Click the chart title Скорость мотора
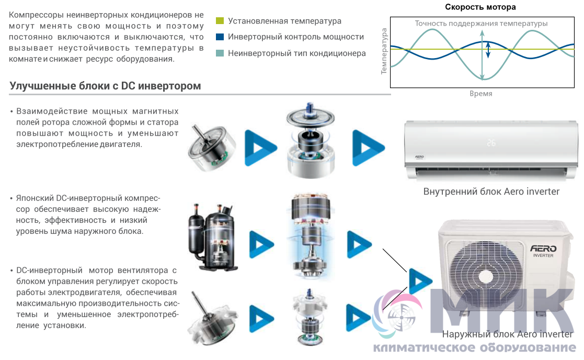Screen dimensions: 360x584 coord(480,7)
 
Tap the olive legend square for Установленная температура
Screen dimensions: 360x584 coord(220,21)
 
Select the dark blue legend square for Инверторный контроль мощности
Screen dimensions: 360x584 coord(220,37)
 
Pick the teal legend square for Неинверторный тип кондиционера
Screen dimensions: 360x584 coord(220,53)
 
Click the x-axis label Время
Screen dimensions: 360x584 coord(480,94)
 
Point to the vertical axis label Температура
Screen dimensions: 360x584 coord(384,51)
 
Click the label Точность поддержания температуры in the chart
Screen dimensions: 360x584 coord(481,24)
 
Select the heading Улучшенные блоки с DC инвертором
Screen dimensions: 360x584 coord(105,86)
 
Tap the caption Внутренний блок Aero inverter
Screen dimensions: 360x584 coord(491,192)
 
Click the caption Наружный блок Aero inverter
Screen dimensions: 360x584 coord(507,334)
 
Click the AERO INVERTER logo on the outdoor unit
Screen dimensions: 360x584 coord(544,251)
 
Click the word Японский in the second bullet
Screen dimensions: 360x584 coord(35,199)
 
